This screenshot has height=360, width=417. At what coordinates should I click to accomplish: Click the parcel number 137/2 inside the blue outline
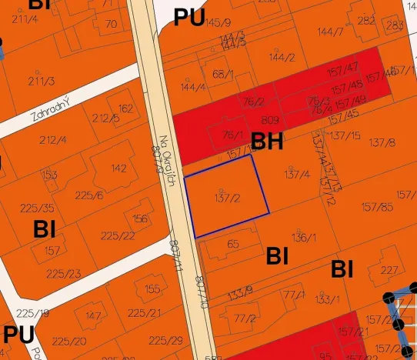226,198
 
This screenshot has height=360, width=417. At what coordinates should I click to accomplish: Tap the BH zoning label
267,142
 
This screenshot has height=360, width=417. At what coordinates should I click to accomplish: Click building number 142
118,168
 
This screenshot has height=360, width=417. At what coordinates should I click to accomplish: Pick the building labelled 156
140,218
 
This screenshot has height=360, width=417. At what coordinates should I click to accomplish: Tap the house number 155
152,289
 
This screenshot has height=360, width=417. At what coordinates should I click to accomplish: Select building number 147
93,316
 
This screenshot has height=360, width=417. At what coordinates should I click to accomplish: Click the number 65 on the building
233,244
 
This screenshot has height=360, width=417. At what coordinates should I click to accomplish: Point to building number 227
389,270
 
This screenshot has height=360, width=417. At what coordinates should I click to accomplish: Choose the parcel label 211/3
42,81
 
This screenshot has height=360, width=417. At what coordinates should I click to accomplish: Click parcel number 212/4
52,140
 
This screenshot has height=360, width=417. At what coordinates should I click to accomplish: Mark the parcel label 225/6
89,195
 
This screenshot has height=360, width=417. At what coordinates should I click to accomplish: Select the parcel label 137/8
382,142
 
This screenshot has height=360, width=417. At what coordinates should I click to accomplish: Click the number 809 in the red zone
269,121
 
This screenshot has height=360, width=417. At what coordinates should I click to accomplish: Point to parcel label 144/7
330,32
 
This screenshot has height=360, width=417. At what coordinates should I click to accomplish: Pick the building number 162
126,108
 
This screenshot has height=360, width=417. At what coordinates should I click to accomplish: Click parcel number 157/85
376,206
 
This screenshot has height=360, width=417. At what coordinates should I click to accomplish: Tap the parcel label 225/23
63,274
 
